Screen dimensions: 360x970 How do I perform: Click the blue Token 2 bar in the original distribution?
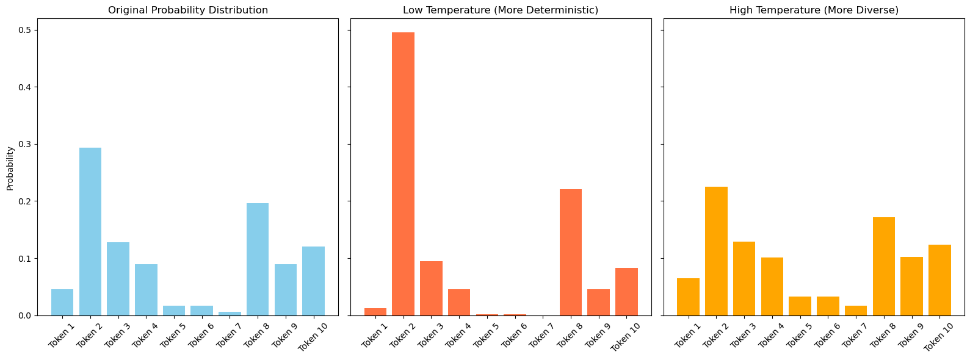pos(90,232)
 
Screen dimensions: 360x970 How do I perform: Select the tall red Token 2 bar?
pos(403,174)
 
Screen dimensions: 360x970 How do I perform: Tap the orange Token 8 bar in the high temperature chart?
pos(884,267)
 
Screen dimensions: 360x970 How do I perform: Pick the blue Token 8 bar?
pos(258,259)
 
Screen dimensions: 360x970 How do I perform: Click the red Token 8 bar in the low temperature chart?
pos(571,253)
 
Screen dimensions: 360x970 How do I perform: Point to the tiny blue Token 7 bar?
pos(230,314)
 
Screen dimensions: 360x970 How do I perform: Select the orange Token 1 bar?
pos(688,297)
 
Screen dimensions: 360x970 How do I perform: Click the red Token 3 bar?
pos(431,289)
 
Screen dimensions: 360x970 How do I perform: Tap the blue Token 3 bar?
pos(118,279)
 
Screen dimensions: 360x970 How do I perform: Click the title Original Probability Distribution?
pos(188,10)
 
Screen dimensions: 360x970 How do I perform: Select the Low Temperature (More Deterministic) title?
pos(501,10)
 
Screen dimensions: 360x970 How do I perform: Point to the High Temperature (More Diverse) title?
pos(814,10)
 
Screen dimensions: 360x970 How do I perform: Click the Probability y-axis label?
pos(10,168)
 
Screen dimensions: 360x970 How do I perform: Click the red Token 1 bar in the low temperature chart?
pos(375,312)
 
